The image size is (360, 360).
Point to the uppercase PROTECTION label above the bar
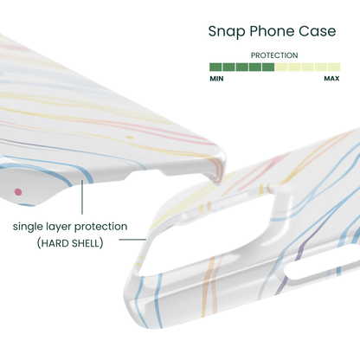coord(274,55)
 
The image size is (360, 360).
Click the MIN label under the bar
coord(216,79)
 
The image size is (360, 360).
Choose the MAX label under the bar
coord(331,79)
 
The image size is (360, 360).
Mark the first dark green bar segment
coord(215,67)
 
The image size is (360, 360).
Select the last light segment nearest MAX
coord(334,67)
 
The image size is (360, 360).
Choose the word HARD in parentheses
coord(55,243)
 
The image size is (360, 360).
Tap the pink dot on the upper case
coord(18,192)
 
